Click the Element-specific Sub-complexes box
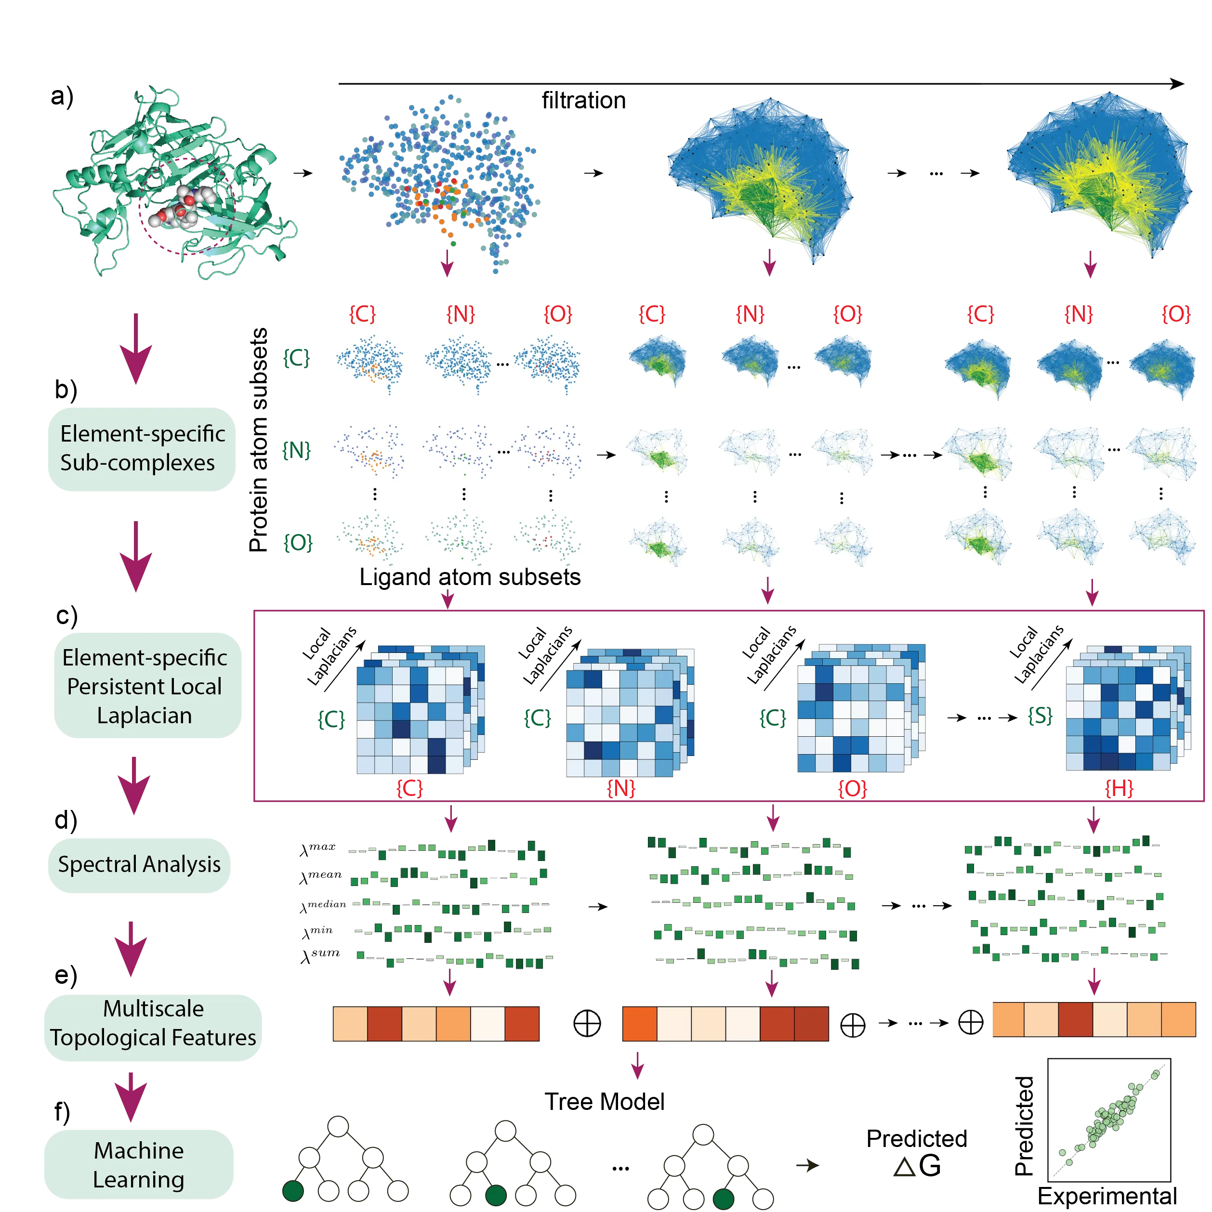click(143, 448)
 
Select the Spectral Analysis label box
click(139, 864)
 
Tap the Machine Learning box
click(139, 1164)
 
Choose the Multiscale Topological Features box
click(153, 1023)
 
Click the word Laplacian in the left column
click(145, 715)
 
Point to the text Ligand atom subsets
click(470, 576)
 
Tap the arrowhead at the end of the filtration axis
click(1177, 83)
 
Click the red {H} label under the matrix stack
click(1119, 788)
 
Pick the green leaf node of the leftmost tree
click(293, 1190)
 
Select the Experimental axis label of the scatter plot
click(1107, 1196)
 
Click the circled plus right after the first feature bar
click(587, 1023)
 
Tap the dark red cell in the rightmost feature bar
click(1075, 1020)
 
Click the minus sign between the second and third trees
click(622, 1167)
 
